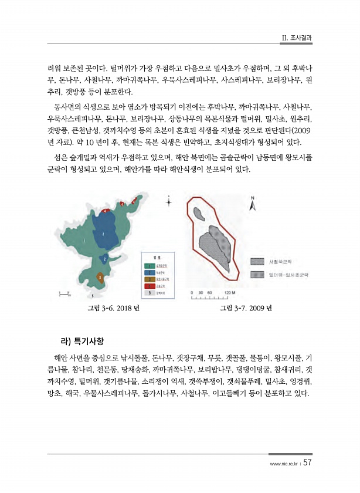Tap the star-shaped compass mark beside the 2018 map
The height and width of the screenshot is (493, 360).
[169, 202]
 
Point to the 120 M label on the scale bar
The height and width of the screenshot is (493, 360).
[230, 292]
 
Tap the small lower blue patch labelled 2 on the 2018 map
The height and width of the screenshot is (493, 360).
[104, 258]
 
